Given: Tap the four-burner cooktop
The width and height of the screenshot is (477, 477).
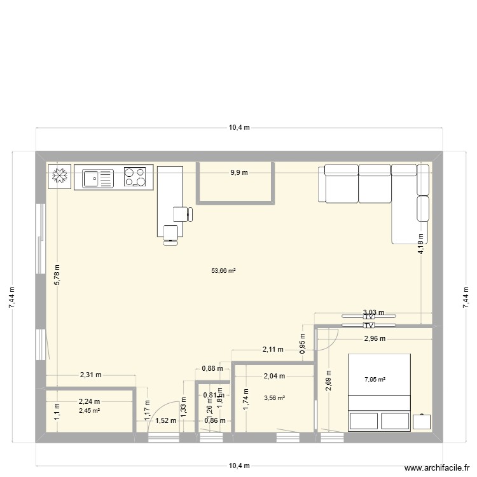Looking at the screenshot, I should click(x=134, y=177).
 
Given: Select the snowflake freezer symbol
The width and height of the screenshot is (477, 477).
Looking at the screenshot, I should click(x=60, y=177).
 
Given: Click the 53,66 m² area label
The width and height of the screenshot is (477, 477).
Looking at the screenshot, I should click(x=224, y=270).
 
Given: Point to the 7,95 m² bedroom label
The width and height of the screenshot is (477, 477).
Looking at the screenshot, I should click(x=375, y=380).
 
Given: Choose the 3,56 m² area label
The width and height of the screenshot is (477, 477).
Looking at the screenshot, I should click(x=274, y=398).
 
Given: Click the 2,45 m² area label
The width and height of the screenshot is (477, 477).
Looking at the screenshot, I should click(x=90, y=410).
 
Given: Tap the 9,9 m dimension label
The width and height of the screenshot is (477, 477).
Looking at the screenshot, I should click(x=239, y=172).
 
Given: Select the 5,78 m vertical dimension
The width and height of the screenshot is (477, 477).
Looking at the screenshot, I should click(x=57, y=275).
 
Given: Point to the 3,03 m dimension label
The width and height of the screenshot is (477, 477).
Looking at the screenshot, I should click(x=373, y=312).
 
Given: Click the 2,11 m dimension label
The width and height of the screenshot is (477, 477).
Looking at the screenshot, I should click(x=273, y=349).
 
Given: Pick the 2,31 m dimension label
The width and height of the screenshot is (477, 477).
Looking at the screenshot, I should click(x=90, y=375).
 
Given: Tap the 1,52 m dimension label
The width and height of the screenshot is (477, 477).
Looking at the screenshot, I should click(x=165, y=420).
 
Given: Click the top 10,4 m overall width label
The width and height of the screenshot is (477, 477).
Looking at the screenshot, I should click(x=239, y=127).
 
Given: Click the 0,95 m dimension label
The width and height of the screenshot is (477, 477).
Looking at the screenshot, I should click(x=303, y=343).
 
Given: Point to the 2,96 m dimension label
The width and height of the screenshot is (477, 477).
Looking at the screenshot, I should click(x=375, y=338).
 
